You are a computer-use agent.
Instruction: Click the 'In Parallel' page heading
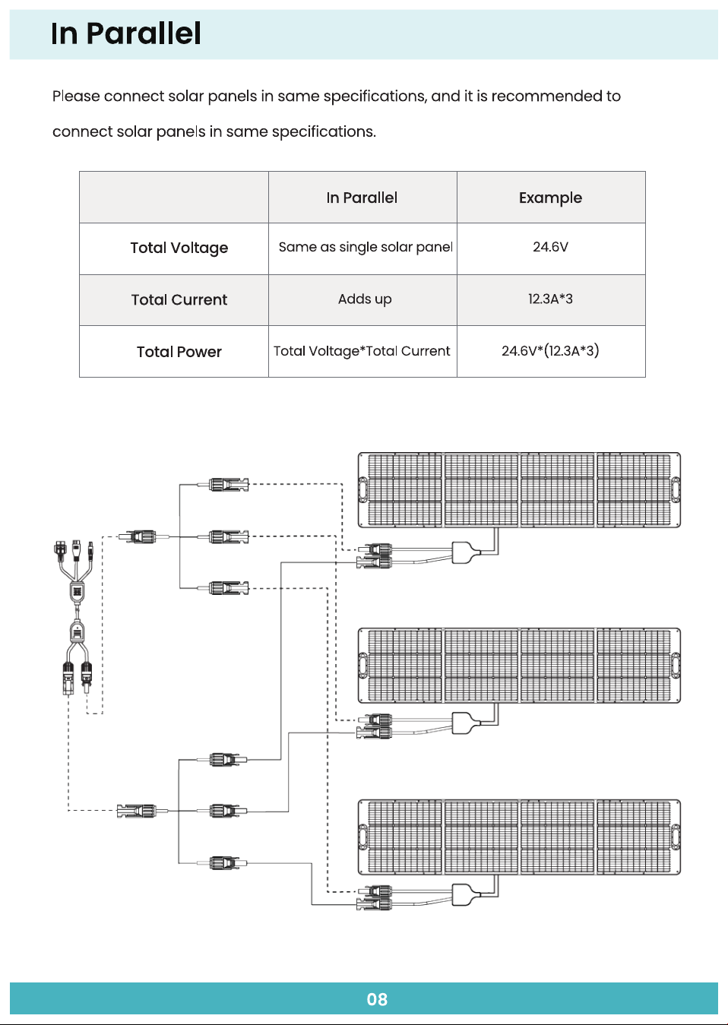[126, 34]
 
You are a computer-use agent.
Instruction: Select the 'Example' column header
[550, 198]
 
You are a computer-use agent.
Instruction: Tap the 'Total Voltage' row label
[179, 248]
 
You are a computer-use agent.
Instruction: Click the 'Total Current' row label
[179, 299]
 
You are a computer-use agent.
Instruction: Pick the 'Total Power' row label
[179, 352]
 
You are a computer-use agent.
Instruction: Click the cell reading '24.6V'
[550, 247]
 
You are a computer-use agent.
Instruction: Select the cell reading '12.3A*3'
[550, 299]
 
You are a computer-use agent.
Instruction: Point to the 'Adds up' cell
[365, 299]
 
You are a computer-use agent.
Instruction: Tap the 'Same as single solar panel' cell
[366, 247]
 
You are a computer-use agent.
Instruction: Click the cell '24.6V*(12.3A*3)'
[550, 351]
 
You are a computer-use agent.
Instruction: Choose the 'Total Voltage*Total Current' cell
[362, 351]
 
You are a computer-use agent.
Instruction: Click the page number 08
[377, 999]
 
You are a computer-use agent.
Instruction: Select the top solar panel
[519, 489]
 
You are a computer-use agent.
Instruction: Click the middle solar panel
[519, 666]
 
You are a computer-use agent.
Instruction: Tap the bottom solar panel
[519, 837]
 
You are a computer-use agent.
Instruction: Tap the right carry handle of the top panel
[676, 489]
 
